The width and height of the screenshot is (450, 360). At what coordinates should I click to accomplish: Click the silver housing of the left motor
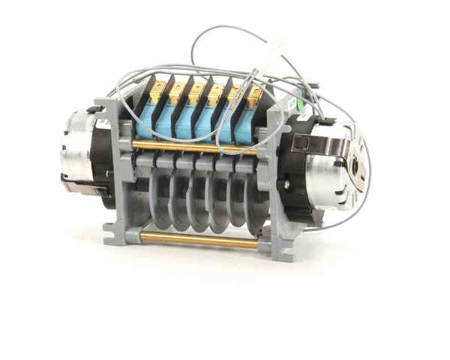coord(75,146)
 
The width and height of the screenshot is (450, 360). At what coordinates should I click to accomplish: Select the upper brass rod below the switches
coord(195,145)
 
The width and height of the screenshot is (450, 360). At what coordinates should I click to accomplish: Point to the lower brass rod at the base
coord(199,239)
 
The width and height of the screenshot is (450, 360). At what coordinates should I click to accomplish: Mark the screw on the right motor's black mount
coord(286,183)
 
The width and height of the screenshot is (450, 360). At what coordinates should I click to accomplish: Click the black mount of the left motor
coord(101,161)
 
